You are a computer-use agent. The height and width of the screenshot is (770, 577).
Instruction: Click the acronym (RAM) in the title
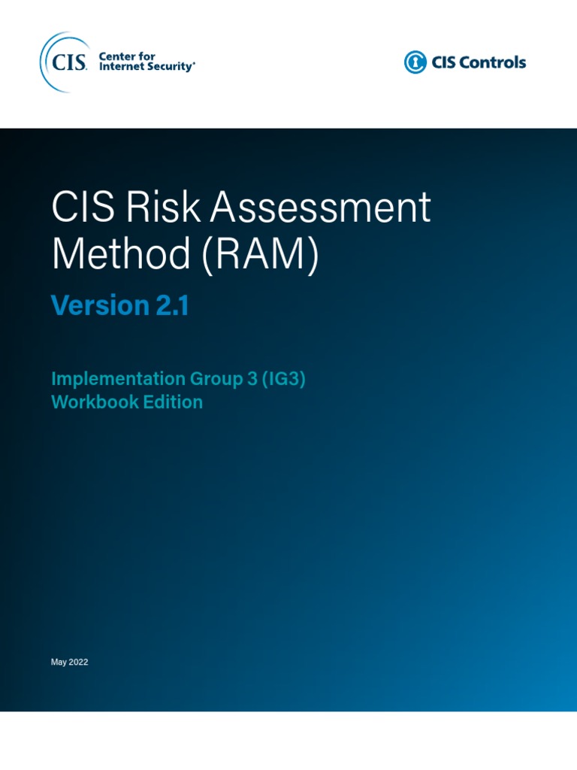coord(260,256)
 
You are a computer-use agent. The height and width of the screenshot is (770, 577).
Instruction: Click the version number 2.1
coord(172,305)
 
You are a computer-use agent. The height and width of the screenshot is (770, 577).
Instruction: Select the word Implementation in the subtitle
coord(119,379)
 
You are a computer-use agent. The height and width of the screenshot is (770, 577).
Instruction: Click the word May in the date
coord(59,662)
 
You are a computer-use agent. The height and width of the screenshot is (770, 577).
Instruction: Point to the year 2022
coord(79,662)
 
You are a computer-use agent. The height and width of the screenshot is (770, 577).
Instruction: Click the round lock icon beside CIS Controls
coord(415,62)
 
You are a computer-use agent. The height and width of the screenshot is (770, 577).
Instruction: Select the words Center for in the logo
coord(127,56)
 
